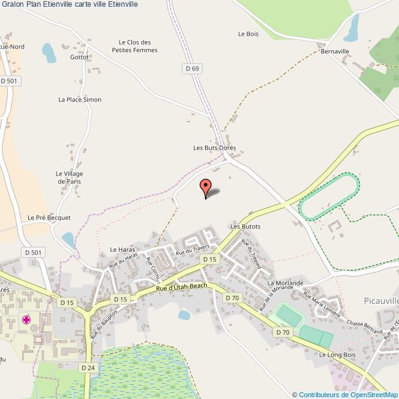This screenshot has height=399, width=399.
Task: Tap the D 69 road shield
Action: coord(192,68)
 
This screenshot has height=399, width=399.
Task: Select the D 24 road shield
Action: coord(87,366)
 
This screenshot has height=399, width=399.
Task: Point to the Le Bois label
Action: coord(248,34)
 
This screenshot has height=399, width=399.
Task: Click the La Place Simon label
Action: coord(80,99)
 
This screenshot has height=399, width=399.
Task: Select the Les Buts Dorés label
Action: coord(214,148)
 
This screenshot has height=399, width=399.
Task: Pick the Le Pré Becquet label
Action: coord(50,217)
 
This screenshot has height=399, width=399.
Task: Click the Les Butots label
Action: coord(246,226)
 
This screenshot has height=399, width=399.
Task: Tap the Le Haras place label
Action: coord(122,249)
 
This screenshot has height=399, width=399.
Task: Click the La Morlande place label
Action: coord(285,282)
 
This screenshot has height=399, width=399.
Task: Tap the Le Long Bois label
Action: coord(338,355)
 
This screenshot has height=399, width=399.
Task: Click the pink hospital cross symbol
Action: coord(26,319)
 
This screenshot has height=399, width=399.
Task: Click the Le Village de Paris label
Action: coord(69,177)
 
